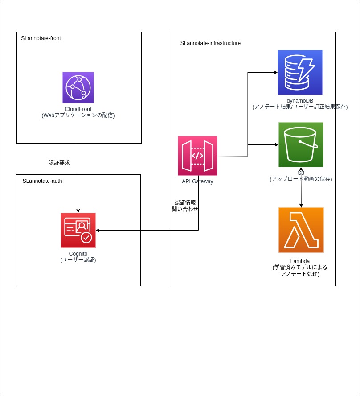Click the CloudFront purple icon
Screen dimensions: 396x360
click(78, 87)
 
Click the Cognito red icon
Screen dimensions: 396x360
click(78, 230)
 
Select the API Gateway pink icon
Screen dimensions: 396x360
click(197, 156)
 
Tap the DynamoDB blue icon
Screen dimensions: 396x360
click(300, 72)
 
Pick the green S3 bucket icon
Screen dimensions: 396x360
click(301, 144)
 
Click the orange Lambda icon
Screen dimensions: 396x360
click(301, 230)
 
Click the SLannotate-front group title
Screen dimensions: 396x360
click(41, 38)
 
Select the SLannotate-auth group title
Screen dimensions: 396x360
click(42, 181)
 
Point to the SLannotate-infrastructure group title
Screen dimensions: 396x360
click(210, 43)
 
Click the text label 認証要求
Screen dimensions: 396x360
click(59, 163)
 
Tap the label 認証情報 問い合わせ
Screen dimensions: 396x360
click(185, 206)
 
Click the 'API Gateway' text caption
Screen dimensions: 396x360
click(197, 181)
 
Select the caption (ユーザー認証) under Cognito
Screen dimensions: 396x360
click(78, 260)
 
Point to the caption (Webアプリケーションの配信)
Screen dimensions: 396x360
click(78, 115)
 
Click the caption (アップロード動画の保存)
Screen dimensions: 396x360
click(301, 179)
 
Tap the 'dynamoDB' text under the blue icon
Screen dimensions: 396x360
click(300, 101)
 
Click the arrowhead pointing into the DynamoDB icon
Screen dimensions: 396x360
click(275, 72)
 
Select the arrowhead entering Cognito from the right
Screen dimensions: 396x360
click(98, 230)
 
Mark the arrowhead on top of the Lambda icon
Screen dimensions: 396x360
click(301, 205)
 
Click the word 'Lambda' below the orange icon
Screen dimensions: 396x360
click(300, 261)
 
